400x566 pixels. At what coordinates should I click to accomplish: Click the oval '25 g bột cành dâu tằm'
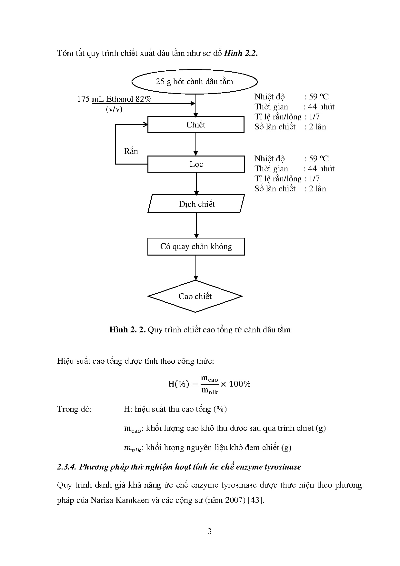click(194, 82)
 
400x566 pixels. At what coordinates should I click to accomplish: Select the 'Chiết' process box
click(195, 125)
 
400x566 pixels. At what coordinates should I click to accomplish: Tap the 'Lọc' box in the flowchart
click(196, 164)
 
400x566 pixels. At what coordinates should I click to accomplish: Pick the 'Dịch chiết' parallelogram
click(196, 204)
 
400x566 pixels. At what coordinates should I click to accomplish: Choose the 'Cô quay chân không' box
click(196, 247)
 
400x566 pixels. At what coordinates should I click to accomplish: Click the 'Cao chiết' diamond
click(195, 296)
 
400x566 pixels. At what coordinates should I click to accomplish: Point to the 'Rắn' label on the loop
click(131, 151)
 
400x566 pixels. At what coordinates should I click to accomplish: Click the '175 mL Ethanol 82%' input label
click(114, 99)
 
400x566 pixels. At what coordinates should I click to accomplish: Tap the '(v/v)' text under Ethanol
click(114, 109)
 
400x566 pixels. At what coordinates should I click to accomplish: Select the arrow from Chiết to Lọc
click(196, 144)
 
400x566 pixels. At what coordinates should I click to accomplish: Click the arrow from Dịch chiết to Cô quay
click(196, 226)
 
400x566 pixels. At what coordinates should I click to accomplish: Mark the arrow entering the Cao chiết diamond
click(196, 268)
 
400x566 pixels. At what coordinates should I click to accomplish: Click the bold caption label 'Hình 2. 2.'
click(128, 330)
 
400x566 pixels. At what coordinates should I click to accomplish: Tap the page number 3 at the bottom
click(209, 531)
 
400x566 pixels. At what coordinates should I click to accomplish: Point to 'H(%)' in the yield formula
click(178, 384)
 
